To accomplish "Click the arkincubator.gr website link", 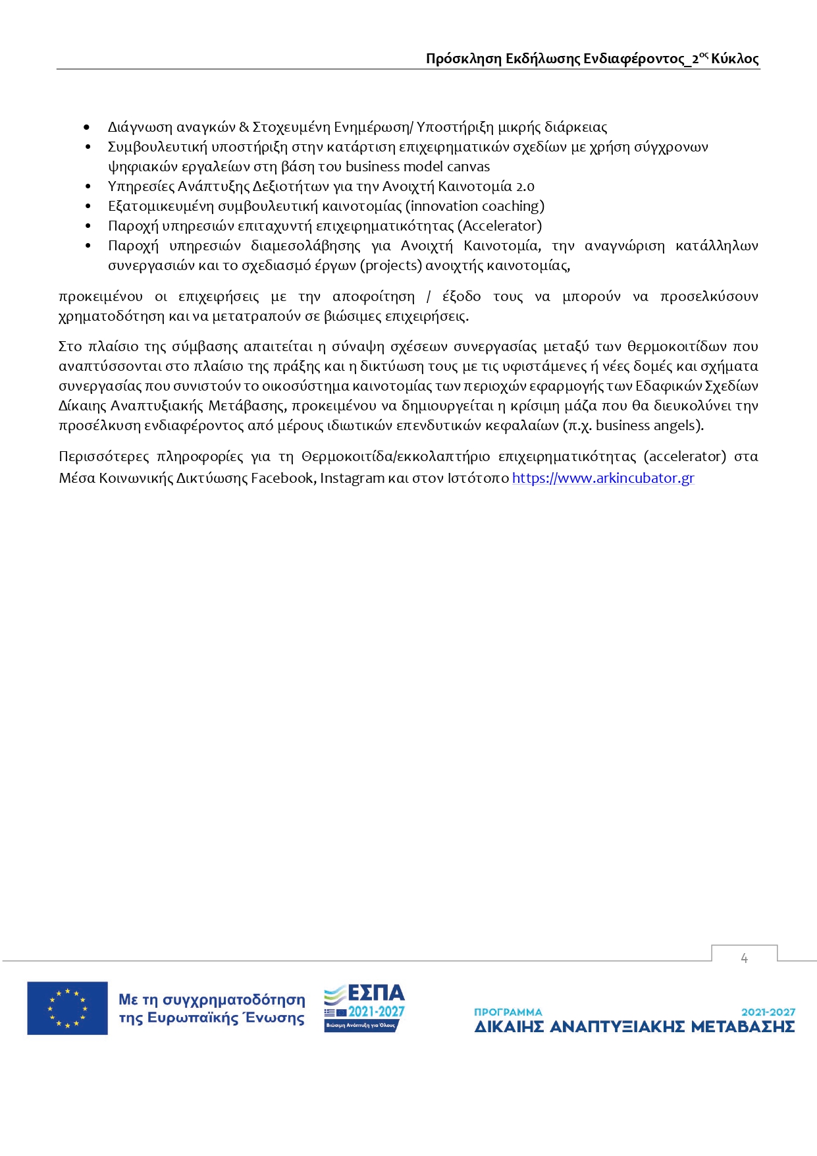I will coord(603,478).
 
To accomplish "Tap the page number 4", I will coord(744,958).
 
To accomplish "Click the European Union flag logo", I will coord(67,1008).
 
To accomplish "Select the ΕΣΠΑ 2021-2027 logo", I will coord(364,1008).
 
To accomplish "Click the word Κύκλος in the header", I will coord(735,59).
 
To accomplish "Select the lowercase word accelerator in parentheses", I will coord(685,456).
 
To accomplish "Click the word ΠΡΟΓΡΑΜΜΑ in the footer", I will coord(508,1012).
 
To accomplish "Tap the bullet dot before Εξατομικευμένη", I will coord(88,207).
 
